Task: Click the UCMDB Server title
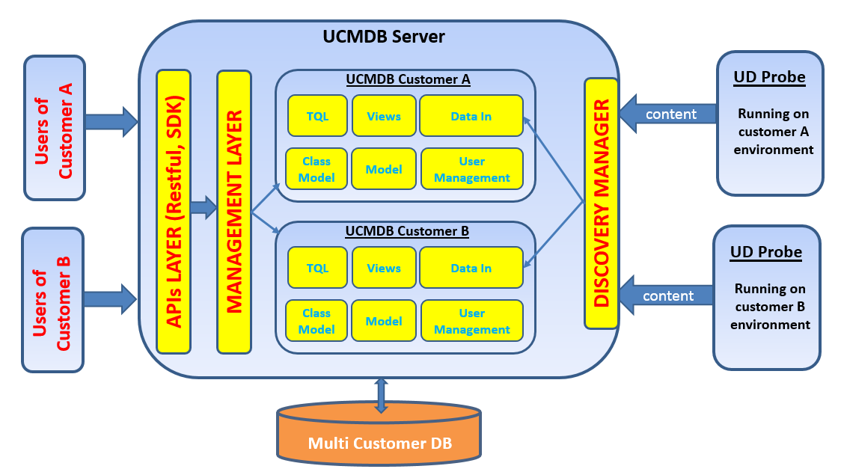(383, 36)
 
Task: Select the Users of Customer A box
(55, 128)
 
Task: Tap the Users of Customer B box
(52, 300)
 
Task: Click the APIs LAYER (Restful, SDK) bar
(174, 212)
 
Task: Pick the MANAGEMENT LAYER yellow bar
(234, 212)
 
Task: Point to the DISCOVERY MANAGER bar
(601, 203)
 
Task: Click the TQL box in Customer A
(317, 116)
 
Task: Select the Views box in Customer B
(384, 268)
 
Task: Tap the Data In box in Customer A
(471, 116)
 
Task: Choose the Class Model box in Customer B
(316, 321)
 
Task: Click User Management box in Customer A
(471, 169)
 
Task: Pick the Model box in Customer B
(384, 321)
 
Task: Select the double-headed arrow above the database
(381, 395)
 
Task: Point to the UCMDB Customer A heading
(408, 79)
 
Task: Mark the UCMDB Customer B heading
(407, 231)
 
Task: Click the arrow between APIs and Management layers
(204, 207)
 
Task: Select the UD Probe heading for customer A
(769, 77)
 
